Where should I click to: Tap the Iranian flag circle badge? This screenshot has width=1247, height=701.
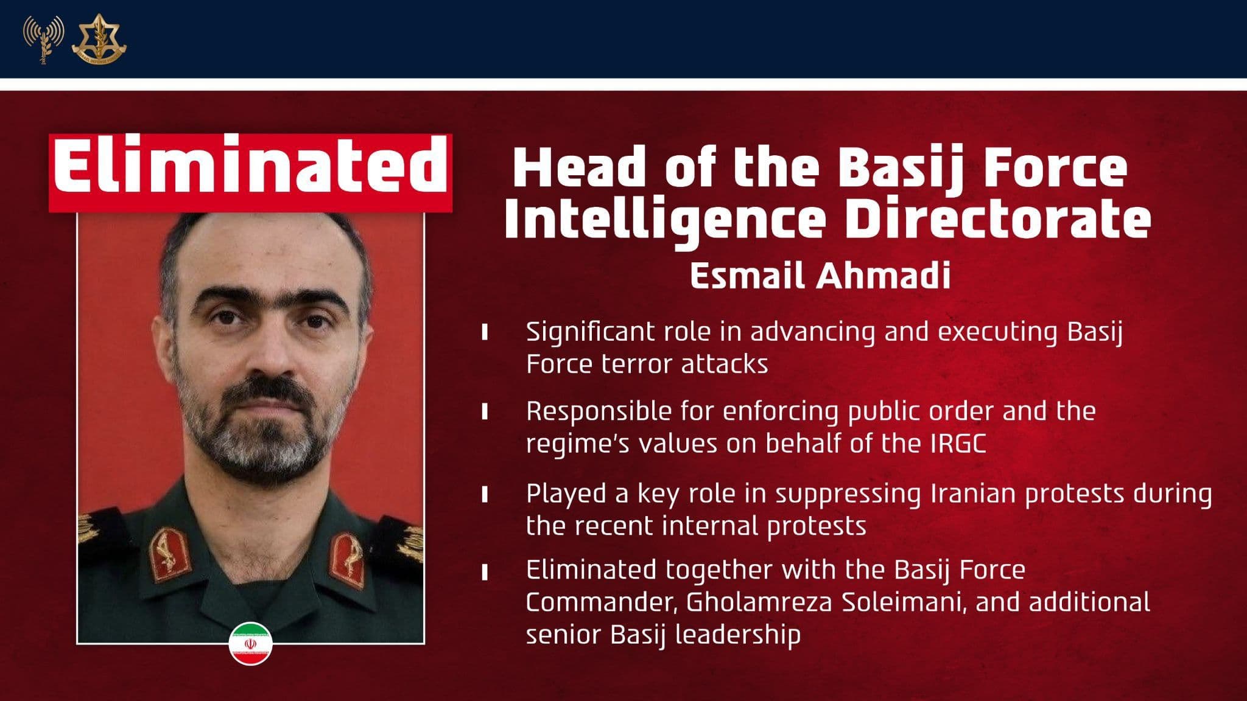(250, 644)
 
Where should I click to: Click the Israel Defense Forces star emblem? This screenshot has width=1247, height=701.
(99, 39)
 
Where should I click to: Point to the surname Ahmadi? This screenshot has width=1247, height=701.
(883, 276)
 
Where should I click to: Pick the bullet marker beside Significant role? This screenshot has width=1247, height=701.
(485, 332)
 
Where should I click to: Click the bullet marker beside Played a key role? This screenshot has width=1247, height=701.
(485, 494)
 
